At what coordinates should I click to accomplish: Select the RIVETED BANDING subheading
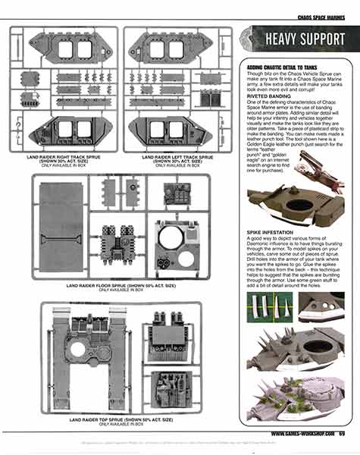(x=270, y=96)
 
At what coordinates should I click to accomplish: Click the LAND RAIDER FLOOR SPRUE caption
(x=121, y=286)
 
